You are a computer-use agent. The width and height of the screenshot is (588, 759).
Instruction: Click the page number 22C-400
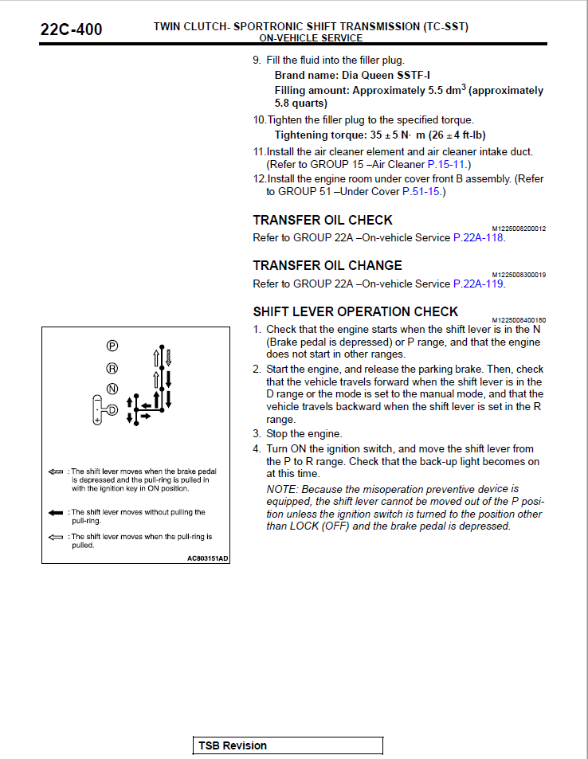pyautogui.click(x=71, y=30)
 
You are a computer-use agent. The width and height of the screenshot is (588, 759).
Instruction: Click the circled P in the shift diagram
pyautogui.click(x=112, y=346)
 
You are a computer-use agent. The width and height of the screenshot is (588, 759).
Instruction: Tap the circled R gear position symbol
pyautogui.click(x=112, y=368)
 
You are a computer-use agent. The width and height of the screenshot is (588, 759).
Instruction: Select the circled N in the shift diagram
pyautogui.click(x=112, y=389)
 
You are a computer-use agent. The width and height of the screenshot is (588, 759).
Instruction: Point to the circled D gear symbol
pyautogui.click(x=112, y=410)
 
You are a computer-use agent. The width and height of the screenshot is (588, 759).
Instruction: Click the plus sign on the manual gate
pyautogui.click(x=96, y=418)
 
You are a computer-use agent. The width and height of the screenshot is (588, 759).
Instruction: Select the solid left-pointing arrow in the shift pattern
pyautogui.click(x=147, y=405)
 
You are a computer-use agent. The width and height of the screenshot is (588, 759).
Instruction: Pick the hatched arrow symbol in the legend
pyautogui.click(x=56, y=471)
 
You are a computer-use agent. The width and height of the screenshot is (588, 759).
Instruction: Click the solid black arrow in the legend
pyautogui.click(x=56, y=512)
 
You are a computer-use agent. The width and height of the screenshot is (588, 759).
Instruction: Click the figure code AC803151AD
pyautogui.click(x=207, y=558)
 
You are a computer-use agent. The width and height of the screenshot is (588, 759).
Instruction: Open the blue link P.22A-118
pyautogui.click(x=478, y=237)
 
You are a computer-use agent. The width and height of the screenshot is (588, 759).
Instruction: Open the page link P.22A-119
pyautogui.click(x=478, y=284)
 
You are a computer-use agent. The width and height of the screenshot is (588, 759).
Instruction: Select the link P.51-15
pyautogui.click(x=421, y=191)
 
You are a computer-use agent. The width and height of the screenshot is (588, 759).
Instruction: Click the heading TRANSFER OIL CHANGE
pyautogui.click(x=327, y=265)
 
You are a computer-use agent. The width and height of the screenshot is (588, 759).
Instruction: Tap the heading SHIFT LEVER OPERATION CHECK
pyautogui.click(x=355, y=311)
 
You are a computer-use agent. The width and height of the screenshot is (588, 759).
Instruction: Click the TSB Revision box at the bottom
pyautogui.click(x=288, y=745)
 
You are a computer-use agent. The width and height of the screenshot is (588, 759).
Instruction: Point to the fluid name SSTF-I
pyautogui.click(x=414, y=76)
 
